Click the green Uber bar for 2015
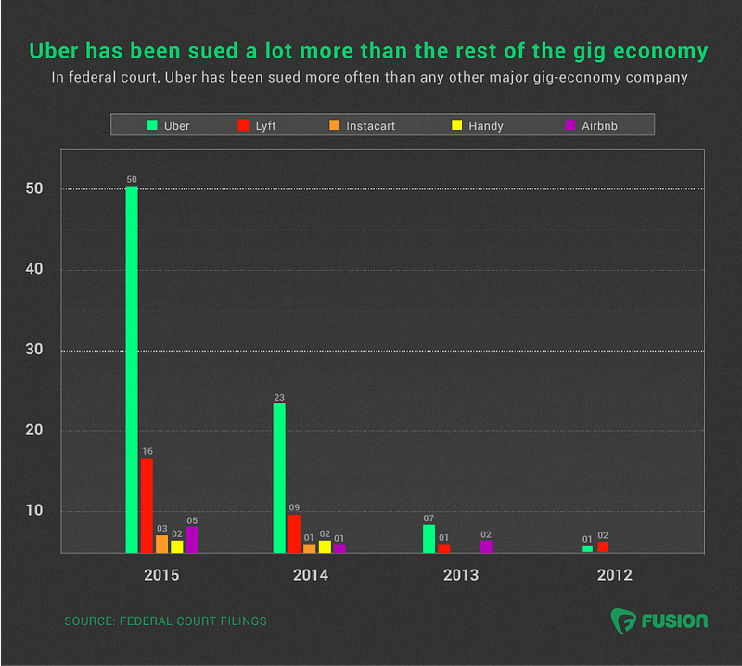click(x=132, y=370)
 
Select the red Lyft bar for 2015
click(x=147, y=506)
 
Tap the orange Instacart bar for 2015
click(x=161, y=544)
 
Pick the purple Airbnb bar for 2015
click(x=192, y=540)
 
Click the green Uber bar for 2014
click(x=279, y=478)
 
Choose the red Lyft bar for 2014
click(x=294, y=533)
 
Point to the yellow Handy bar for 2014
click(x=325, y=546)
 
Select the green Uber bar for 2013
click(x=429, y=539)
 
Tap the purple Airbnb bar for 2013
click(x=486, y=546)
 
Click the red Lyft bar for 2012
click(x=602, y=547)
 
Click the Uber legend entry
click(x=168, y=125)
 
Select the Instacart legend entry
click(x=362, y=125)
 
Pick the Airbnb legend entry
click(x=592, y=125)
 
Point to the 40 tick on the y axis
click(x=34, y=269)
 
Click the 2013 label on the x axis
click(x=461, y=575)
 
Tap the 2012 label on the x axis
click(x=615, y=575)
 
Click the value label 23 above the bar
click(x=279, y=398)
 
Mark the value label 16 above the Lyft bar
click(x=147, y=451)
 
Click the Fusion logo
click(x=659, y=621)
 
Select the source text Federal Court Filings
click(x=193, y=621)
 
